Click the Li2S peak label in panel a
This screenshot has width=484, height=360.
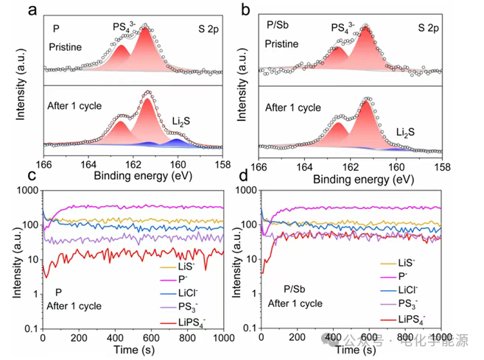(x=184, y=121)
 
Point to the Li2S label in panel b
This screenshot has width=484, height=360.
(x=404, y=131)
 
